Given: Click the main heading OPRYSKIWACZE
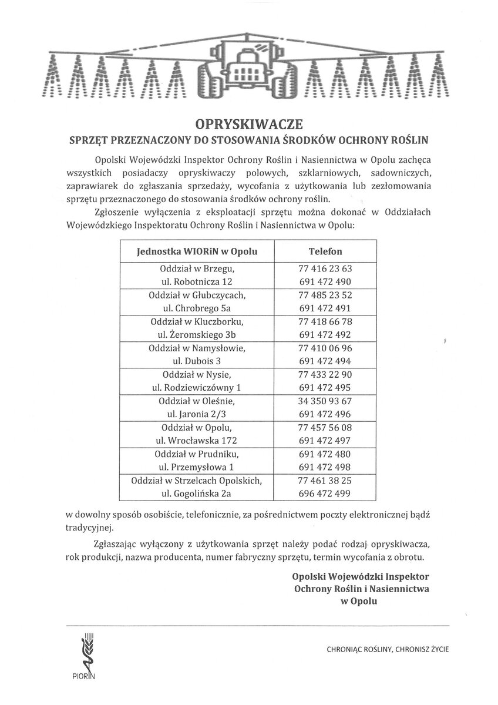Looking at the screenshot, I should pyautogui.click(x=249, y=124).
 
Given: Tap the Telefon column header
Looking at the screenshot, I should pyautogui.click(x=325, y=251).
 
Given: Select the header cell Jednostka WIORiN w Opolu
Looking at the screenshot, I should pyautogui.click(x=196, y=251).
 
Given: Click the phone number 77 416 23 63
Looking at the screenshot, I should pyautogui.click(x=325, y=268).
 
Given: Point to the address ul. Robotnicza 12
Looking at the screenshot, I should pyautogui.click(x=197, y=281).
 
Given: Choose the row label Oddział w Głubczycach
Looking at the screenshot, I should pyautogui.click(x=197, y=295).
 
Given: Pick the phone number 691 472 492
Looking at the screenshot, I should pyautogui.click(x=325, y=335).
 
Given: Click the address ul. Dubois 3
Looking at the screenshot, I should pyautogui.click(x=197, y=361).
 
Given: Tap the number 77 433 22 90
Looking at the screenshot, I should pyautogui.click(x=325, y=375).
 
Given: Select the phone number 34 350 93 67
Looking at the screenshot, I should pyautogui.click(x=325, y=401).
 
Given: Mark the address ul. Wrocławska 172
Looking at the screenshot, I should pyautogui.click(x=197, y=441).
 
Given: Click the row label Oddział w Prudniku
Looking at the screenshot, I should pyautogui.click(x=197, y=454).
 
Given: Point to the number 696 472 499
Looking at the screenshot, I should pyautogui.click(x=325, y=494).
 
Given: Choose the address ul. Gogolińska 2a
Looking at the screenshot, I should pyautogui.click(x=197, y=494).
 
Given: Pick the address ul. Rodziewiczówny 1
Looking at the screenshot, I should pyautogui.click(x=197, y=388).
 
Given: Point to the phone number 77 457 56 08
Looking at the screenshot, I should pyautogui.click(x=325, y=428).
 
